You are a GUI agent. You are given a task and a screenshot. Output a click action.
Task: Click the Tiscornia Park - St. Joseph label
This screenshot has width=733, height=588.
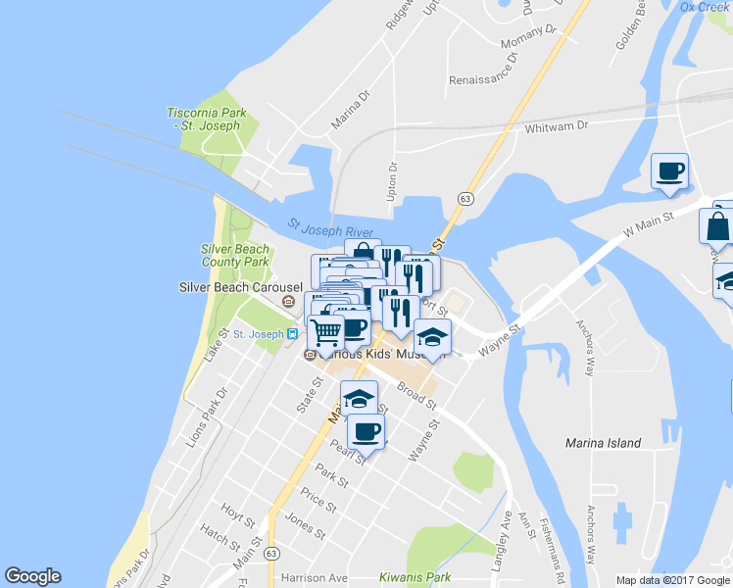[x=206, y=119]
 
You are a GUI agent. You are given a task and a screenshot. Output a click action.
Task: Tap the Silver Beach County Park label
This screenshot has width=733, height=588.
[x=235, y=256]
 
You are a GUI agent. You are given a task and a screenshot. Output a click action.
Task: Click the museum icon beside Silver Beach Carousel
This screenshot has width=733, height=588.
[x=289, y=301]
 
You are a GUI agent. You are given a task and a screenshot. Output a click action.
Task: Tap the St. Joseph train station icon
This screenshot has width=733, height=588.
[x=292, y=334]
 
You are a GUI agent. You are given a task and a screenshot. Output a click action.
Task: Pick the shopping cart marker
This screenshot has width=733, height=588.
[x=326, y=333]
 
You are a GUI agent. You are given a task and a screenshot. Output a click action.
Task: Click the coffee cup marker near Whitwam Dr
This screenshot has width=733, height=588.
[x=670, y=171]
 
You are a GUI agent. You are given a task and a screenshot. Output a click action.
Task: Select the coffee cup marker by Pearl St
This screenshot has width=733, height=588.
[x=366, y=430]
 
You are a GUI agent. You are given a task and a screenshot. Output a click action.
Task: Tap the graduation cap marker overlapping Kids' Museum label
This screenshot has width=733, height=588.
[x=431, y=338]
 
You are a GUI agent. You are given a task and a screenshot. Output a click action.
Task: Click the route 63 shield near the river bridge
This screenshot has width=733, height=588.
[x=465, y=199]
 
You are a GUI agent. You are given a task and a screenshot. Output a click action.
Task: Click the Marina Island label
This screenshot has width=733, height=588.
[x=604, y=443]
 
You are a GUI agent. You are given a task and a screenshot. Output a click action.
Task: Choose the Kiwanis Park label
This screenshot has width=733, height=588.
[x=452, y=578]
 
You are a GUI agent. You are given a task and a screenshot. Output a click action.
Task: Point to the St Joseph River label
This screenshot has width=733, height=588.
[x=331, y=228]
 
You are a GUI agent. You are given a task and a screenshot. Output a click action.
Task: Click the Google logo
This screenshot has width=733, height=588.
[x=32, y=576]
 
